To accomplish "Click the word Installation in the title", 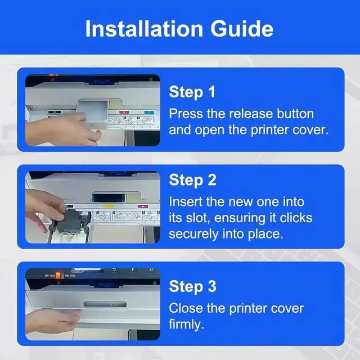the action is pos(144,29).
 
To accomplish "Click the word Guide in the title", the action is pos(242,29).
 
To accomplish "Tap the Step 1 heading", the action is pos(192,92).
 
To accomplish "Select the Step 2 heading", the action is pos(192,180).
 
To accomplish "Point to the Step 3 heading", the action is pos(192,286).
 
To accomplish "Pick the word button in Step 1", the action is pos(295,114).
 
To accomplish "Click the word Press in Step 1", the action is pos(186,114).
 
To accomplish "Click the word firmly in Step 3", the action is pos(186,324).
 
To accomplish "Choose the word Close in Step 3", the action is pos(186,308).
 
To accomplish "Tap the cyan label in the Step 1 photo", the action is pos(149,112).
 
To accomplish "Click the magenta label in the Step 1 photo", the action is pos(124,112).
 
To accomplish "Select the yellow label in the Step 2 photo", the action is pos(109,206).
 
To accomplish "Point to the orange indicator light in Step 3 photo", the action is pos(58,275).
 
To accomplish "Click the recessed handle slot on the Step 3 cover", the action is pos(105,304).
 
